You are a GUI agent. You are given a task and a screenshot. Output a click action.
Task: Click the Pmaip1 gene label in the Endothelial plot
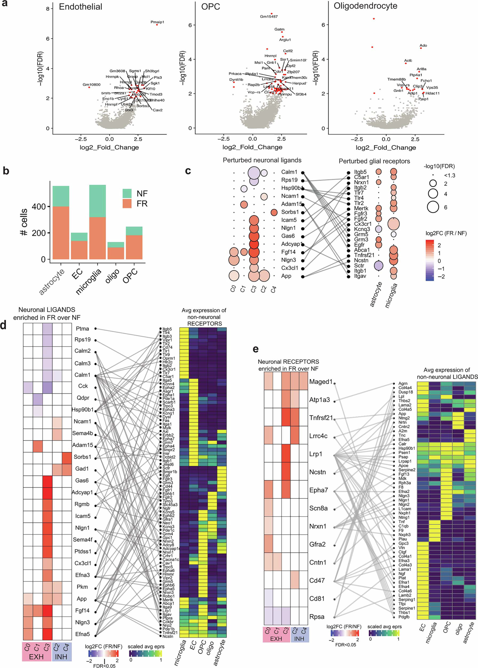157,22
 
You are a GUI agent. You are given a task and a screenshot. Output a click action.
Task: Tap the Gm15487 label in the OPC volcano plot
268,16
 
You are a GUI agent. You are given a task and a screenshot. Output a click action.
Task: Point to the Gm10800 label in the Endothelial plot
91,84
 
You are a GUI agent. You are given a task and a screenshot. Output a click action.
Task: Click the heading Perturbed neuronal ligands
262,160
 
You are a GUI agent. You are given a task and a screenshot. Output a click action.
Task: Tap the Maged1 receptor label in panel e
320,382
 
